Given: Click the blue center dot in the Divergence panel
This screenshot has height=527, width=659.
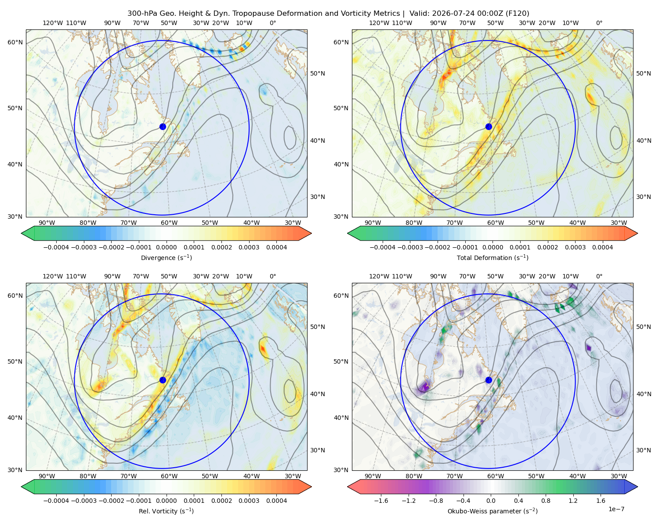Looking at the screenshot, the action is pyautogui.click(x=163, y=126).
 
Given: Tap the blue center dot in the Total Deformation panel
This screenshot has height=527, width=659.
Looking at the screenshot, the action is pyautogui.click(x=489, y=126).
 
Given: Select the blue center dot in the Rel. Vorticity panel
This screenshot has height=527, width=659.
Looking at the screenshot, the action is pyautogui.click(x=163, y=380).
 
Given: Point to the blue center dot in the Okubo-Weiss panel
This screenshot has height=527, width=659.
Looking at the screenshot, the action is pyautogui.click(x=489, y=380).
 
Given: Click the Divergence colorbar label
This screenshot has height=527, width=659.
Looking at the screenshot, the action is pyautogui.click(x=166, y=257).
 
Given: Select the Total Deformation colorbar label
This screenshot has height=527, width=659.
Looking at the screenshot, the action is pyautogui.click(x=492, y=257).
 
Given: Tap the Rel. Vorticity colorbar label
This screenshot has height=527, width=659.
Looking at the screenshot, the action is pyautogui.click(x=166, y=511).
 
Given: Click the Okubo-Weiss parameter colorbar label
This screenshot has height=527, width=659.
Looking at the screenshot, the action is pyautogui.click(x=492, y=511).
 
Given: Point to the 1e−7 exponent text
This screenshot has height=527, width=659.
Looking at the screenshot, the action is pyautogui.click(x=616, y=509).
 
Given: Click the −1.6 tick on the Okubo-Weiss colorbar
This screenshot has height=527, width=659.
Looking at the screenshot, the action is pyautogui.click(x=381, y=500).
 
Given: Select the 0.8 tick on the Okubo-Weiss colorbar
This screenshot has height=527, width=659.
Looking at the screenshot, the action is pyautogui.click(x=546, y=500).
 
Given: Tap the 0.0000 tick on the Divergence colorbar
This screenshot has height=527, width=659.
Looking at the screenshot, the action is pyautogui.click(x=166, y=247).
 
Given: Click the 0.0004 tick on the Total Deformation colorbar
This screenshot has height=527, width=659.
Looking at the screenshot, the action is pyautogui.click(x=602, y=247).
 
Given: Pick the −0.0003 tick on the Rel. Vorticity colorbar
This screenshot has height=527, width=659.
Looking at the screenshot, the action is pyautogui.click(x=83, y=500).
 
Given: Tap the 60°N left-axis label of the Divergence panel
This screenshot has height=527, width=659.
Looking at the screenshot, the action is pyautogui.click(x=15, y=42).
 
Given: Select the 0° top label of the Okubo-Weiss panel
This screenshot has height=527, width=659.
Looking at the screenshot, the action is pyautogui.click(x=599, y=276).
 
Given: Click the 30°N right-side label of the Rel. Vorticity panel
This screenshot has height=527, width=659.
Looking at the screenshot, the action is pyautogui.click(x=318, y=450).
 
